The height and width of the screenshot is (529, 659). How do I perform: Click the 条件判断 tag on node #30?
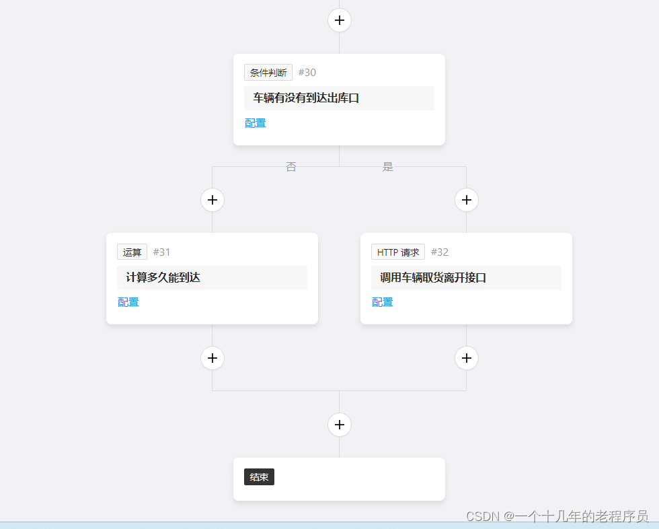click(268, 73)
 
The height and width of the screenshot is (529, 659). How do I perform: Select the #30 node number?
click(307, 73)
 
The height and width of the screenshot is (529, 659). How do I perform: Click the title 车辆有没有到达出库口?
click(306, 98)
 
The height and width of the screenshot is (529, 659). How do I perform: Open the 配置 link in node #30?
click(256, 123)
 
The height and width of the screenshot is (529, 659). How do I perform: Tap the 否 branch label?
click(290, 167)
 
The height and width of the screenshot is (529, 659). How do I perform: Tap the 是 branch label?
click(388, 167)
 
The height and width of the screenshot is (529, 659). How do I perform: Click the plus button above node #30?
click(340, 20)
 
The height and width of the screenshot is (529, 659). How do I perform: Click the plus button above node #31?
click(212, 200)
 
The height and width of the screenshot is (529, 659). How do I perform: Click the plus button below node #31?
click(212, 357)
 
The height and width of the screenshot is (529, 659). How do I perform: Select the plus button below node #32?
click(467, 357)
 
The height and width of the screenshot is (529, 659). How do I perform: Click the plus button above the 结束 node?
click(340, 425)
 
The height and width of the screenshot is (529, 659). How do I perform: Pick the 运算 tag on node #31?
click(132, 252)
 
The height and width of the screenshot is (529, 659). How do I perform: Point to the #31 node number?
click(162, 252)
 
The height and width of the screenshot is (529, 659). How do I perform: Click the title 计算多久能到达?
click(163, 277)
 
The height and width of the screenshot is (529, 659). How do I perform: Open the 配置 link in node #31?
click(128, 302)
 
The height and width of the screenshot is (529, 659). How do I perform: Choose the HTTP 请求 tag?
click(398, 252)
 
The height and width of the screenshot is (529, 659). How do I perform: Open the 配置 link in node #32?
click(383, 302)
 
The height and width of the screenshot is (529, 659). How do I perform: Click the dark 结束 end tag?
click(259, 477)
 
